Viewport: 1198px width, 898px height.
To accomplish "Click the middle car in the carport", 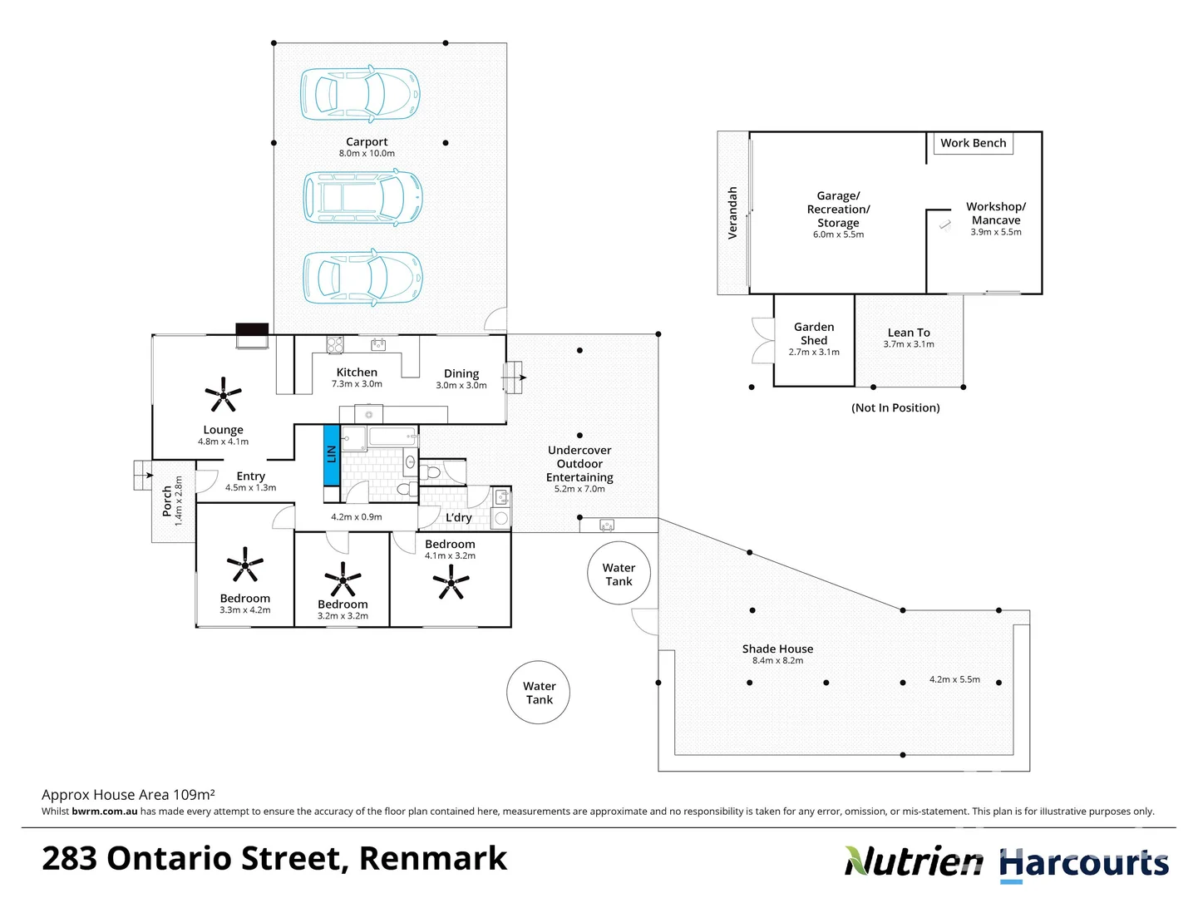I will [x=362, y=197].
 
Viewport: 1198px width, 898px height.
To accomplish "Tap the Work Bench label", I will [x=973, y=143].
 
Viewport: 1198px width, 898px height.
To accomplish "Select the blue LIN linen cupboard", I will [x=331, y=454].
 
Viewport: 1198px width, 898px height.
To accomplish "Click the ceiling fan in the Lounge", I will [x=224, y=395].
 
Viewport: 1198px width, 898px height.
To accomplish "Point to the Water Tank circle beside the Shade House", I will [x=619, y=574].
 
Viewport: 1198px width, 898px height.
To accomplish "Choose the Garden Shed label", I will [x=814, y=333].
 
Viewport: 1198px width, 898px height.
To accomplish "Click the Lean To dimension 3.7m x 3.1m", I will [x=909, y=344].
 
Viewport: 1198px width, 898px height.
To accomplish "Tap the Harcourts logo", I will [x=1084, y=864].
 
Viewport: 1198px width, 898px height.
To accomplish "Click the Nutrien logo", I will [x=914, y=862].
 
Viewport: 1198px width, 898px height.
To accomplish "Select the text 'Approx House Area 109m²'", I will [x=128, y=795].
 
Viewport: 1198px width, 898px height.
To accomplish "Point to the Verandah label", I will [x=732, y=213].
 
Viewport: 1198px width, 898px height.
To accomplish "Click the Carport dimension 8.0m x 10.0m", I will [x=367, y=154].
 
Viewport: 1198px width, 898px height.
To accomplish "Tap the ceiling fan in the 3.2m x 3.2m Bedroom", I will [x=343, y=579].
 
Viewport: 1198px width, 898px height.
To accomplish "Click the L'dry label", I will [x=459, y=517].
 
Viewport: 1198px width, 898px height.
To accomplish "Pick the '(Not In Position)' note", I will [x=895, y=407].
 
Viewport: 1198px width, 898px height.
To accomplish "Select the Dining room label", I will [x=461, y=374].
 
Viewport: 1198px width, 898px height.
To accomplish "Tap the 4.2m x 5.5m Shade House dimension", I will [x=954, y=679].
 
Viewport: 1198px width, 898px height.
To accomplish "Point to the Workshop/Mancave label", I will [x=996, y=213].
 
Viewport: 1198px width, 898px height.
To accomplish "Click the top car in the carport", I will [x=360, y=94].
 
